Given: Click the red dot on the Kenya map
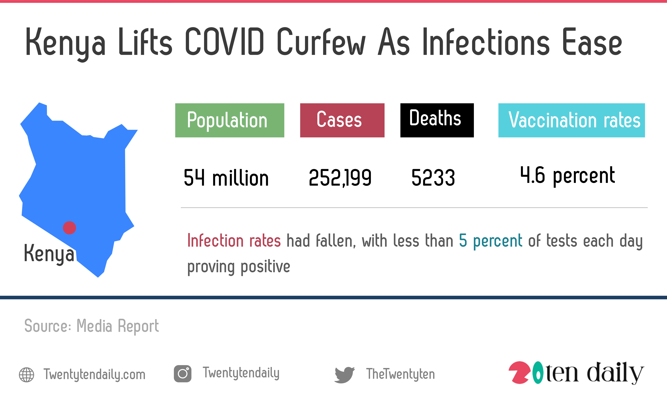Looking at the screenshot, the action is click(x=69, y=228).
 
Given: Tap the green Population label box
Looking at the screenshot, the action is click(x=230, y=120).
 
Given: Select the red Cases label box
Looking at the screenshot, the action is click(x=342, y=120).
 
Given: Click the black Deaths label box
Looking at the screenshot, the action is click(x=437, y=120).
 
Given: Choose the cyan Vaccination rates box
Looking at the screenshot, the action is click(x=571, y=120).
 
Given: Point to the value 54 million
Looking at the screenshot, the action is click(x=226, y=178).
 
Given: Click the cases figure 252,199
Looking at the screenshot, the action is click(x=340, y=178).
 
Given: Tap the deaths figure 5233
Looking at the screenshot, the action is click(x=433, y=178).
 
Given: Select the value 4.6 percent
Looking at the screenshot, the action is click(x=567, y=176).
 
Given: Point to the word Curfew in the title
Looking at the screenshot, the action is click(x=321, y=41).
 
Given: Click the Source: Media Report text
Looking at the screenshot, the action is click(x=92, y=326).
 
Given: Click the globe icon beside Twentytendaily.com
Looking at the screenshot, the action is click(x=27, y=375).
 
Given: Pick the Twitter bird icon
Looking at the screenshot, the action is click(x=344, y=375).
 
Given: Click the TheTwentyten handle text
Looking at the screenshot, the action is click(x=400, y=374).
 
